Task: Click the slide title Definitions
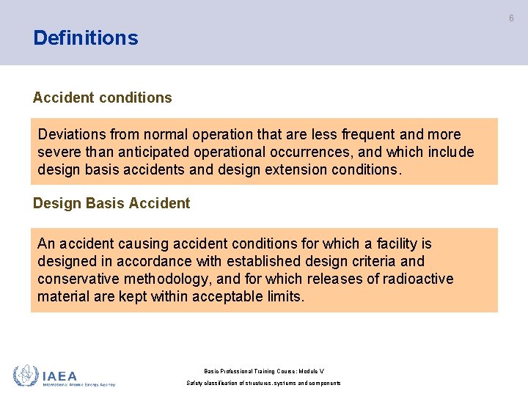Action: [x=85, y=38]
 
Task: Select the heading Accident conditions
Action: [x=102, y=98]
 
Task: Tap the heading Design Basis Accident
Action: [x=111, y=203]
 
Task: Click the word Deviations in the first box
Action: [x=72, y=134]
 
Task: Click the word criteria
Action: [x=370, y=261]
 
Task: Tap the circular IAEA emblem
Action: [x=25, y=375]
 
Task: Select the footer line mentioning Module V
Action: [x=264, y=372]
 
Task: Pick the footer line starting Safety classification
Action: [x=264, y=384]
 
